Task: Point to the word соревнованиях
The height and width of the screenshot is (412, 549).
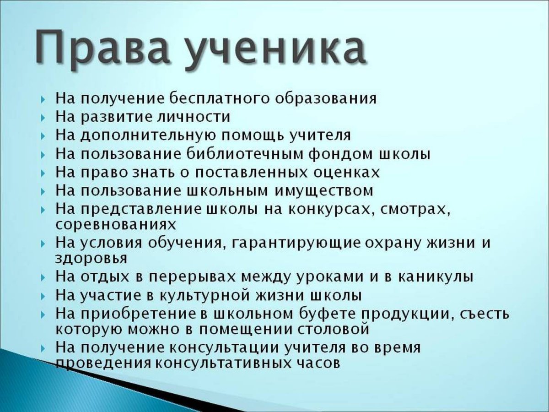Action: tap(115, 225)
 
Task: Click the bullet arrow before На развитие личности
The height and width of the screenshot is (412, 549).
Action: tap(43, 118)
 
